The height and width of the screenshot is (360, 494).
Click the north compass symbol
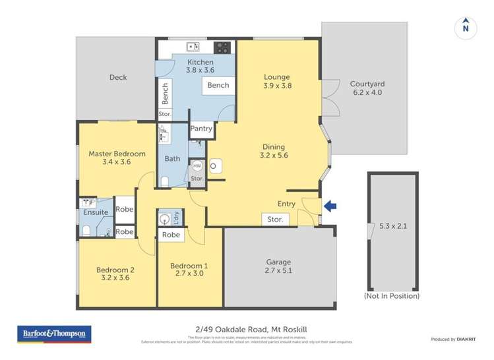[466, 27]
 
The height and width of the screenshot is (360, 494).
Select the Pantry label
[202, 129]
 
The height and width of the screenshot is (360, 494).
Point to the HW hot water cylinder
[197, 165]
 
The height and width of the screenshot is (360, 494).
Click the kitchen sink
[193, 47]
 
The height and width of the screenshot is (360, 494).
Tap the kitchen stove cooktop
[223, 47]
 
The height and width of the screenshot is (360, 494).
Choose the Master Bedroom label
[117, 154]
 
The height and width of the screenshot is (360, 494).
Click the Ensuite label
[96, 212]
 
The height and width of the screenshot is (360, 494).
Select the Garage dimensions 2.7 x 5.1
[278, 270]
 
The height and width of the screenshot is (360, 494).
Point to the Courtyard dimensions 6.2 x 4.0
[367, 93]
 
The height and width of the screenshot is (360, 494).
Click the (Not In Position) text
[391, 296]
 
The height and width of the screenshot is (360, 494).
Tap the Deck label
[118, 78]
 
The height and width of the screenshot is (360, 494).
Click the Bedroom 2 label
[115, 269]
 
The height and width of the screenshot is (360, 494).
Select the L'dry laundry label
[176, 218]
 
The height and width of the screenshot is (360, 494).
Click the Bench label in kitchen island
[218, 85]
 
